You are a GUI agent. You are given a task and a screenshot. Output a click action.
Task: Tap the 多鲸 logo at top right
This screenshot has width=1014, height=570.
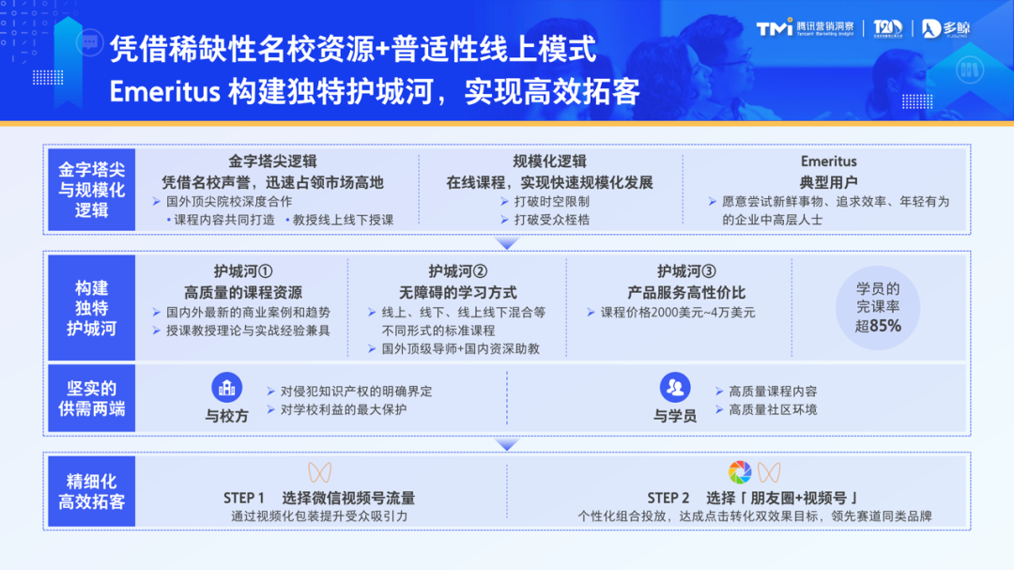coord(945,29)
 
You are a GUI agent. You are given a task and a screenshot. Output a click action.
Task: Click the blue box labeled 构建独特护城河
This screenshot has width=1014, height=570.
coord(92,308)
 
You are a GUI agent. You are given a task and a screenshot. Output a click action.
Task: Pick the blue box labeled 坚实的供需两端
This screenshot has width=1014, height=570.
coord(92,399)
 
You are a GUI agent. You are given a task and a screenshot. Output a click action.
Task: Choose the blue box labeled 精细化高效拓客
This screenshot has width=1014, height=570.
coord(92,490)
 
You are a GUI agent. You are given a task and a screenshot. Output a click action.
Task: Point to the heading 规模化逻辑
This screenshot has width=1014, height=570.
coord(549,162)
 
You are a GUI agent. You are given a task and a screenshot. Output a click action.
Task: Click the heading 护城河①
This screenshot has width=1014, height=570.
coord(242,271)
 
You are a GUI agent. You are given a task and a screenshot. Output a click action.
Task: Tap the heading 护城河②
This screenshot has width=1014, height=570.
coord(458,271)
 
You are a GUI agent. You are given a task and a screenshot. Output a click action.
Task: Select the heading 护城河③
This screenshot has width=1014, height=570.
coord(687,271)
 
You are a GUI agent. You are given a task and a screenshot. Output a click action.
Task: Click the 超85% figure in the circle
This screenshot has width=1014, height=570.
coord(878,326)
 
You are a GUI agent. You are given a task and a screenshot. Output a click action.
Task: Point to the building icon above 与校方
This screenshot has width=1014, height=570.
coord(226,387)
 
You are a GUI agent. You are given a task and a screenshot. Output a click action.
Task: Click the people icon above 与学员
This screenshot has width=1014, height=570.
coord(675,387)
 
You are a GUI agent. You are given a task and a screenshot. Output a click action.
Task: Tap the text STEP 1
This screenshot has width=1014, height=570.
coord(244,498)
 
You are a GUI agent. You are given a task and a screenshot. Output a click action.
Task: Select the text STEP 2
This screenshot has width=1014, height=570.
coord(668,498)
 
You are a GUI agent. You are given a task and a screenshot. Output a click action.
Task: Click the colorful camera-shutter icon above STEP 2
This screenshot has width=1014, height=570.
coord(740,471)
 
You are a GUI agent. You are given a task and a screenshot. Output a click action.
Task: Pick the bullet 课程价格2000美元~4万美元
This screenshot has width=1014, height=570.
coord(677,312)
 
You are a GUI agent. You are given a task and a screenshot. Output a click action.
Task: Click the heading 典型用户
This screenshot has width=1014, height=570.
coord(829,182)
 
